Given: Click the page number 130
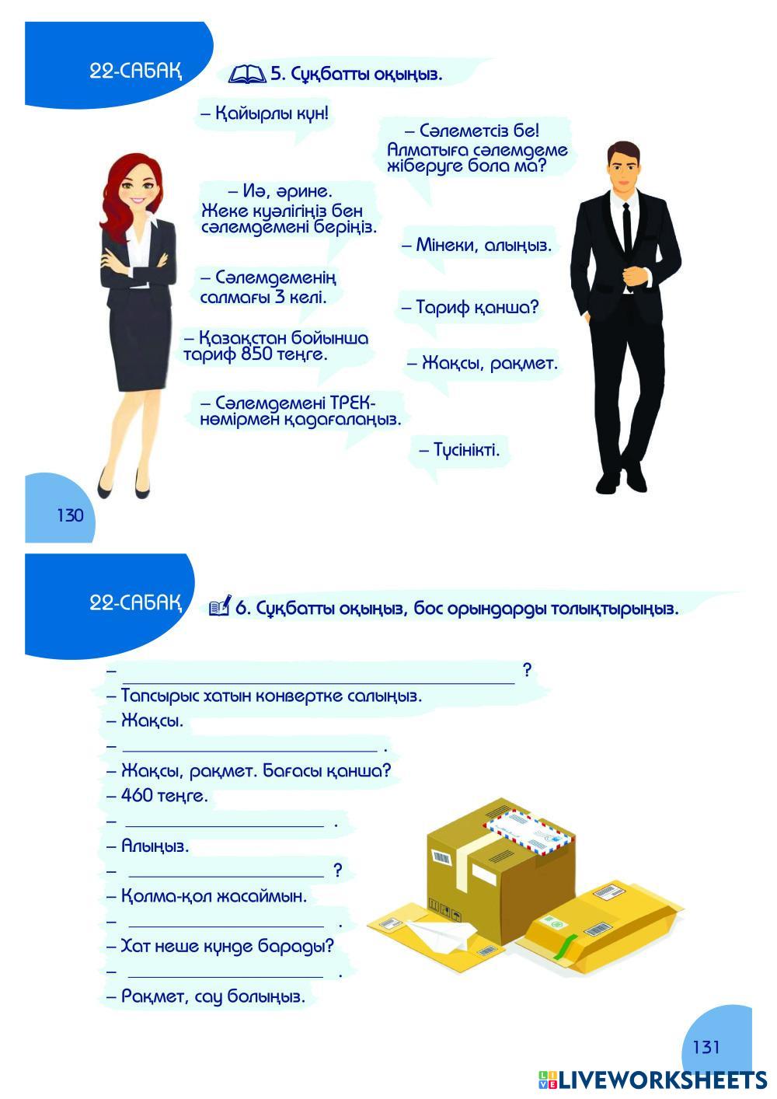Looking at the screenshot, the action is coord(70,515).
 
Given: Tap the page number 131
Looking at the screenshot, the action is coord(706,1047).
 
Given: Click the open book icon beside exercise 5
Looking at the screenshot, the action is coord(247,75).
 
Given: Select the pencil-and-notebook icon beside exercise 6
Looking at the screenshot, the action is coord(220,607).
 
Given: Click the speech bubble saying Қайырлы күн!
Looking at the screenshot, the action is coord(264,113).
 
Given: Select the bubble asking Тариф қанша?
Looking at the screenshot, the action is coord(469,307).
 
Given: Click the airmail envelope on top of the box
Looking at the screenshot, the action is coord(529,831).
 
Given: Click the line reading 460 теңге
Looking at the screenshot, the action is coord(165,796).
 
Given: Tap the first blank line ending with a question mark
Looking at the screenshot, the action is coord(319,671).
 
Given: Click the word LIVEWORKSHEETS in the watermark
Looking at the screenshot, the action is coord(663,1080).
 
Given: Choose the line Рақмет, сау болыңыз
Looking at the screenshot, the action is coord(213,996).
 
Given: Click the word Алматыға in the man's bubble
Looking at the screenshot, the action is coord(427,149).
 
